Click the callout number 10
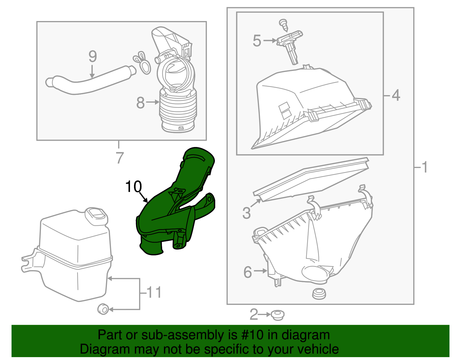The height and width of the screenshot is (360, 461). click(133, 187)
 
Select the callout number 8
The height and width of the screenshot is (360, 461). click(140, 103)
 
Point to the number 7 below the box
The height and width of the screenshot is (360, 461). click(120, 158)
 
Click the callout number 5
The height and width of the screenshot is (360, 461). click(257, 41)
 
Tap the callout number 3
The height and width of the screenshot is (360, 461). click(247, 213)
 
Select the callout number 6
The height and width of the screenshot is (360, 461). click(248, 272)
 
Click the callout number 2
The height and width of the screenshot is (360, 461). click(254, 314)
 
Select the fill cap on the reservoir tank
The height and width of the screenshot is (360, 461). click(96, 215)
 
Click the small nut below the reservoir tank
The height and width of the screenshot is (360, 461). click(103, 309)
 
